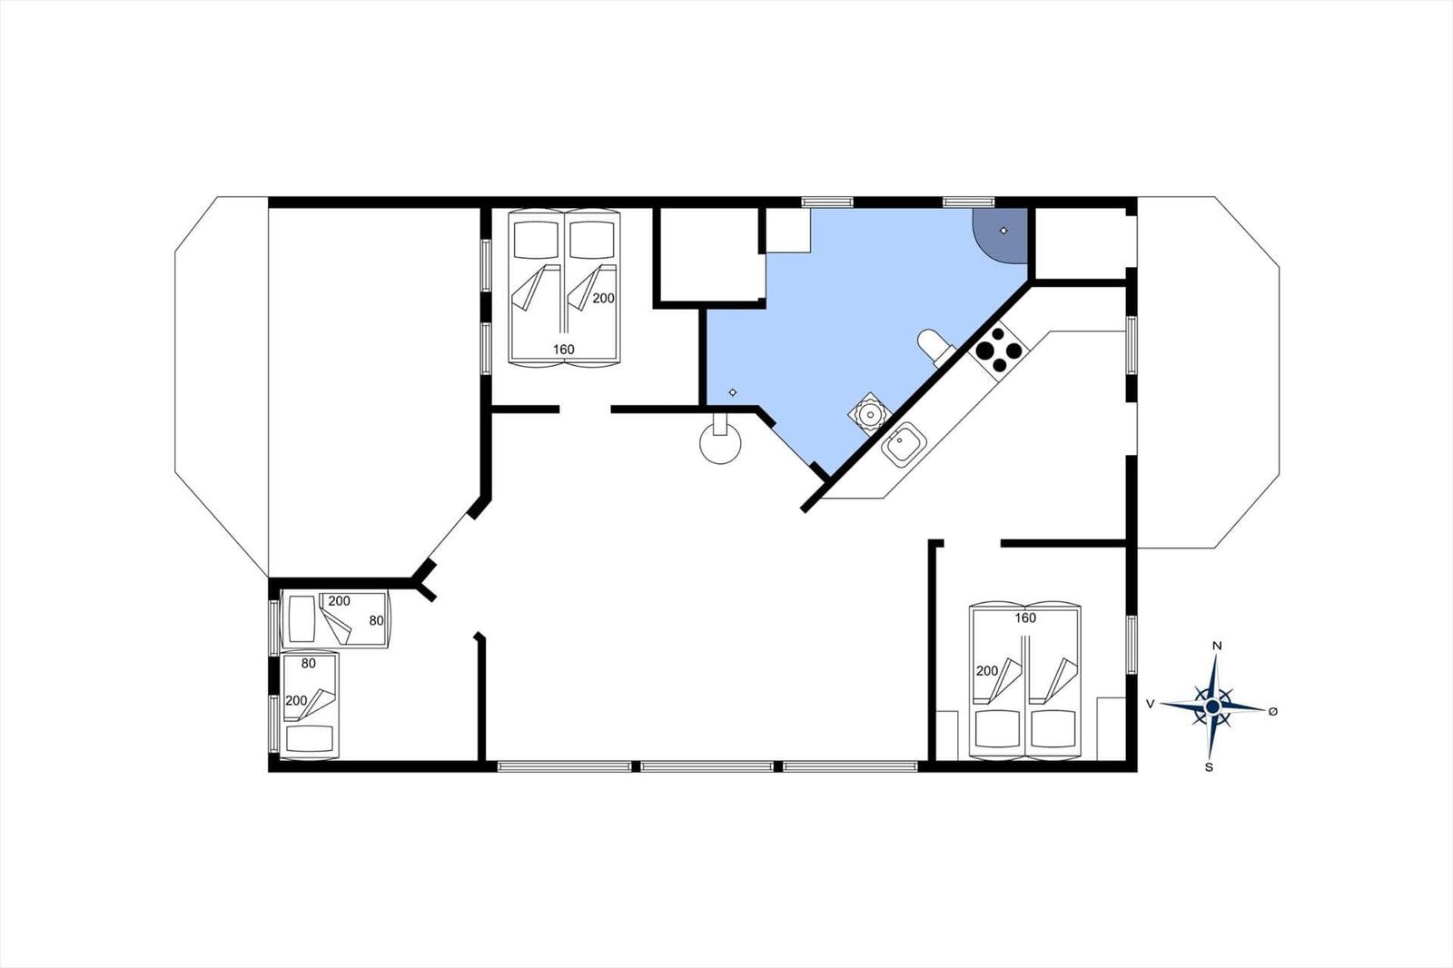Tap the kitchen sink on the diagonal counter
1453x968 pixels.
903,445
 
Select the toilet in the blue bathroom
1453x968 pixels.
934,347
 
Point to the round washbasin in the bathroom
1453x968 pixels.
869,414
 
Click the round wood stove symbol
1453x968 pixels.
721,442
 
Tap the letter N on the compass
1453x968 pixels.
1218,646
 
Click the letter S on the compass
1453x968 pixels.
1209,767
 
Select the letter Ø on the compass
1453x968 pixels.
1273,712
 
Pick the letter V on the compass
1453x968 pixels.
1151,704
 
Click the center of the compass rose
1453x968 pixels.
1211,706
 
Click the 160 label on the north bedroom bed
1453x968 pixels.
564,350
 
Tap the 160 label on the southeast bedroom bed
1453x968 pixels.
1025,618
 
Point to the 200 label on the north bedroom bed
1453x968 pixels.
603,299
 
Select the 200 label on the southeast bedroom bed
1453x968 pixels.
986,671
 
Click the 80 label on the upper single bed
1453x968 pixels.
376,621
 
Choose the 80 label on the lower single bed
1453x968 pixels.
308,664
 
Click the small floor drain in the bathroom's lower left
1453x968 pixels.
733,392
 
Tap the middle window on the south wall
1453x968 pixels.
707,766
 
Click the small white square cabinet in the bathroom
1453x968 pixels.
788,231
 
